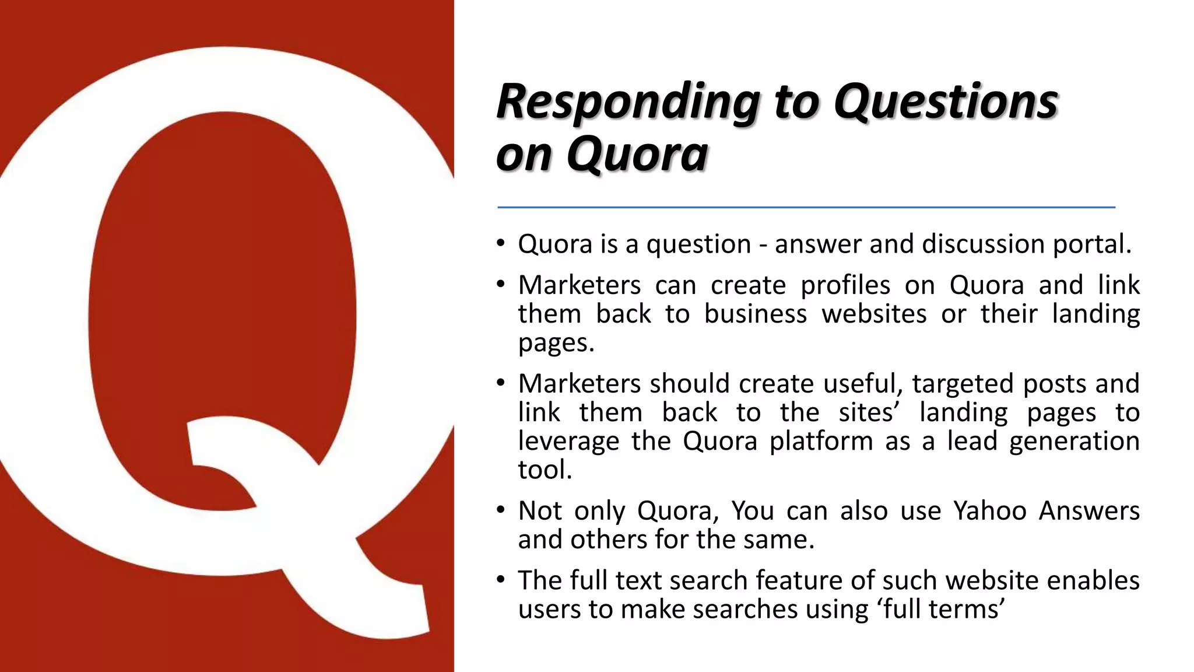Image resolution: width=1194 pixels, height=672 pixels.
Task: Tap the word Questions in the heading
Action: [946, 101]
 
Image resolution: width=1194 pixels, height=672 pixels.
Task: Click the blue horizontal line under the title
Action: [806, 207]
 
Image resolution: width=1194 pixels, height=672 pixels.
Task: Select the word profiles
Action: [845, 285]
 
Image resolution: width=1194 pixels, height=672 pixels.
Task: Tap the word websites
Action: [874, 314]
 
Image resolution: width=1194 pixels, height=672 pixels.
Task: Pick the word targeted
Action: [963, 384]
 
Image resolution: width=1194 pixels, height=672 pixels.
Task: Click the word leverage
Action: [568, 442]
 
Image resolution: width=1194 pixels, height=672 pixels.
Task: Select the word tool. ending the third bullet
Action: [545, 470]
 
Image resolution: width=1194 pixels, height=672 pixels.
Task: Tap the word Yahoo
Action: [989, 511]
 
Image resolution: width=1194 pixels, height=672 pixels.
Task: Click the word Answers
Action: [1089, 511]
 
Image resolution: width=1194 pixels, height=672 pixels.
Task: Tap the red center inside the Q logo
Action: [222, 292]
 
